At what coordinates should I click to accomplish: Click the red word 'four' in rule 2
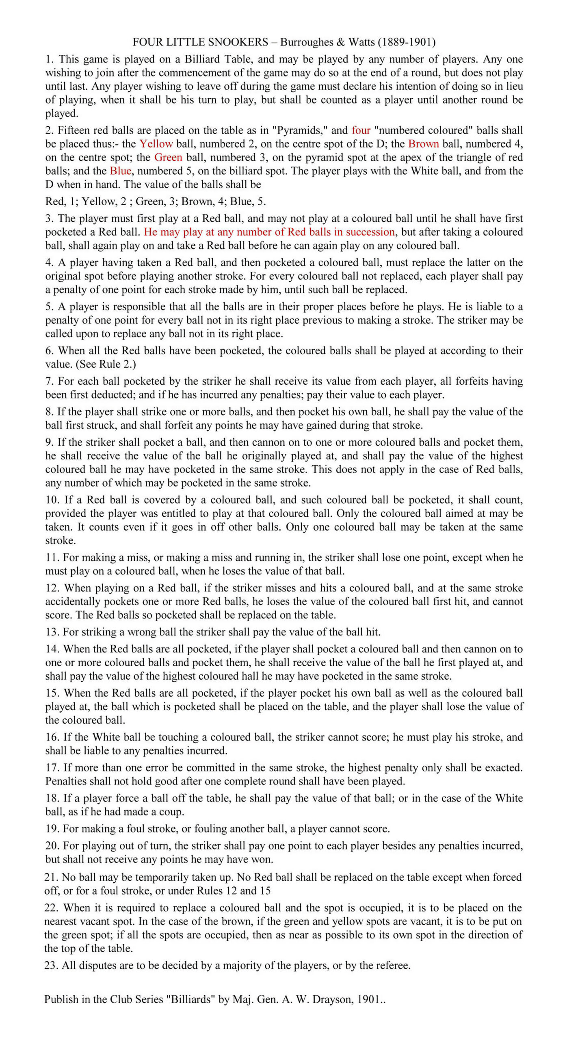[x=361, y=130]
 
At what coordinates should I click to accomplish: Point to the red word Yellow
[x=156, y=144]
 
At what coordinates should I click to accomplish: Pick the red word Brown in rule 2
[x=424, y=144]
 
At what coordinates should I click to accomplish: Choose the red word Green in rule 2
[x=168, y=158]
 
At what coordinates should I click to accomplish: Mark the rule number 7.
[x=50, y=381]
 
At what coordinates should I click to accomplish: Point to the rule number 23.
[x=52, y=965]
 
